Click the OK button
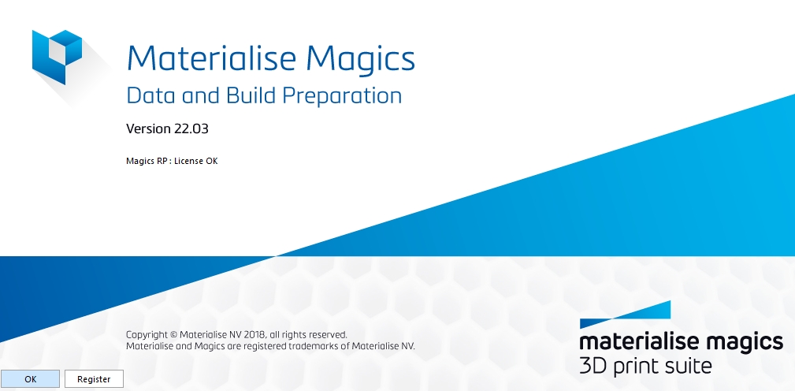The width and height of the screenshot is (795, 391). click(31, 379)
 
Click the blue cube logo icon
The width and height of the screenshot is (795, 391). click(57, 57)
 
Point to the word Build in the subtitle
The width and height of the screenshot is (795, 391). click(251, 95)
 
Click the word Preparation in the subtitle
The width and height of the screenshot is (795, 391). click(342, 96)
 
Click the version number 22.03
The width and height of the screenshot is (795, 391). click(191, 128)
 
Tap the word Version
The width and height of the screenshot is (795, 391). click(149, 128)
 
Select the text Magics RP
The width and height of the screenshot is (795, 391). click(147, 162)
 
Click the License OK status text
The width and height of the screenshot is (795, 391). click(195, 162)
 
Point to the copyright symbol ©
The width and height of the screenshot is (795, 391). click(173, 335)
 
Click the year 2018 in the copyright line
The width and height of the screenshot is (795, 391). click(254, 335)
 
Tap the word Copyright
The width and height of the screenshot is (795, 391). click(147, 335)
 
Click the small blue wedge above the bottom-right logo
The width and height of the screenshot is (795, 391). click(625, 315)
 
